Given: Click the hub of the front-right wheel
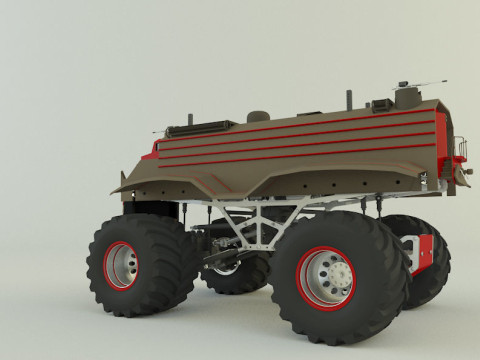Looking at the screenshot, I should [x=327, y=276].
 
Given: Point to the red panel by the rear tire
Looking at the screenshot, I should [x=424, y=252].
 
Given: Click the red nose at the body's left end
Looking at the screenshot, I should [x=150, y=154].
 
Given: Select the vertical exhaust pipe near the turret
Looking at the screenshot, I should [x=348, y=99].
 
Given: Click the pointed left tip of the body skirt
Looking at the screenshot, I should [x=116, y=190].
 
